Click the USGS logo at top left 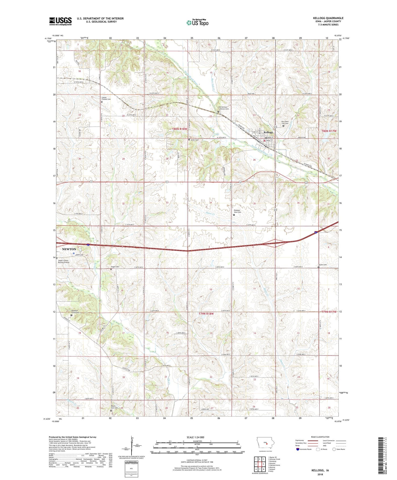pos(60,21)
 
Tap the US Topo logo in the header pos(197,23)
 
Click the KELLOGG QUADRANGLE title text pos(328,18)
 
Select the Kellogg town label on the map pos(268,132)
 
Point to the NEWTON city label pos(69,249)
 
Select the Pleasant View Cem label pos(237,211)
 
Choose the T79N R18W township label pos(206,313)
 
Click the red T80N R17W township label pos(329,131)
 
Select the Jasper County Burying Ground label pos(64,261)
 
